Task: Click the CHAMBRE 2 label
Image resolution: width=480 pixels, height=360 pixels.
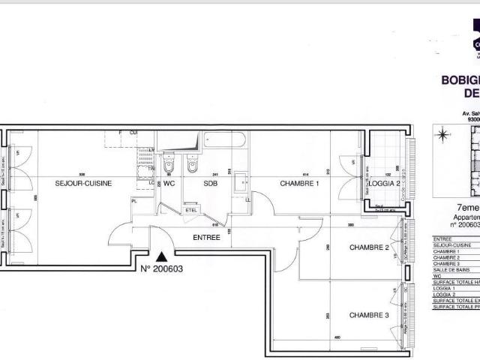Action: coord(369,247)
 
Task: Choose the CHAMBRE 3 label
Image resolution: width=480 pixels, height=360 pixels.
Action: coord(369,315)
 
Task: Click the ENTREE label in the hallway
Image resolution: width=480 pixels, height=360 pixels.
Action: coord(206,237)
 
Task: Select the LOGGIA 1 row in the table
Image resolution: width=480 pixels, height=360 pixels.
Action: coord(450,288)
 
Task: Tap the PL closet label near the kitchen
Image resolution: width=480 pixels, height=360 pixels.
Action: coord(134,201)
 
